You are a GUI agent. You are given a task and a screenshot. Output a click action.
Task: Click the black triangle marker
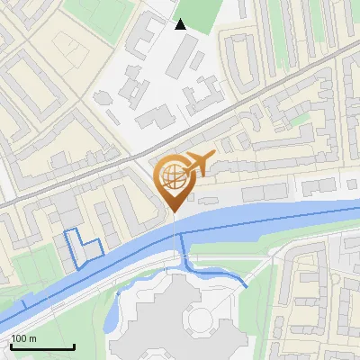181,24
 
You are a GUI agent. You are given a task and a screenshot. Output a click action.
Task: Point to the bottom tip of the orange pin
173,212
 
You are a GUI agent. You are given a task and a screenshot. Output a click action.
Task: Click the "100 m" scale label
24,339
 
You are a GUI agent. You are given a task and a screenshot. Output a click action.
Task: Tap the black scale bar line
41,347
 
